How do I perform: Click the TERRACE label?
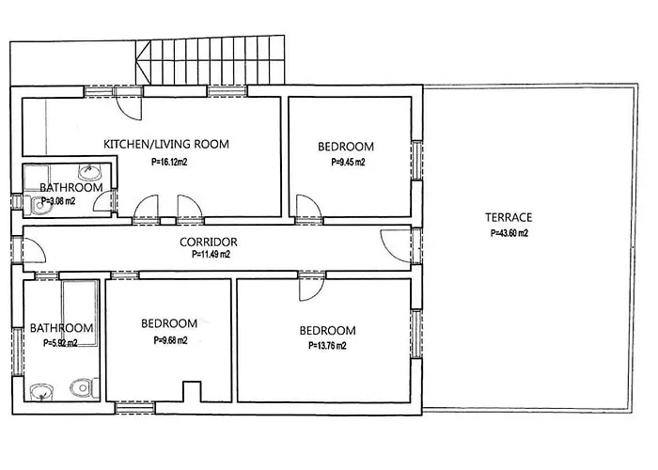click(x=509, y=217)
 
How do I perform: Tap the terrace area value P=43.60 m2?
click(x=509, y=233)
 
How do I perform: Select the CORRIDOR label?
click(x=208, y=243)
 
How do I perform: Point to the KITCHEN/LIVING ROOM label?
click(x=166, y=145)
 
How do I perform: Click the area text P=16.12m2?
click(x=169, y=162)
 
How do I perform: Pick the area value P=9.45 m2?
click(x=348, y=162)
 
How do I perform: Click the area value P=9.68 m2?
click(x=170, y=340)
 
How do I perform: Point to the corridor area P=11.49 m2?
click(x=211, y=254)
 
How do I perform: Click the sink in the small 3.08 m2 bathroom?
click(x=90, y=172)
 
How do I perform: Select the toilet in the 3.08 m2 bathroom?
click(x=36, y=206)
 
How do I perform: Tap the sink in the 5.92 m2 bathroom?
click(x=41, y=391)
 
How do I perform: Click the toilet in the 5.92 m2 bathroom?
click(x=84, y=387)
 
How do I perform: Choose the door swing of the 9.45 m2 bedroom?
click(x=309, y=208)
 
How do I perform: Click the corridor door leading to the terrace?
click(x=396, y=247)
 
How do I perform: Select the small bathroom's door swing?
click(x=103, y=200)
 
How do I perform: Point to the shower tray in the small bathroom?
click(x=37, y=178)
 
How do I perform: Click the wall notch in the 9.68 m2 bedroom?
click(x=192, y=391)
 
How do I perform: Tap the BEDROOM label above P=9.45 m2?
click(x=346, y=147)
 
